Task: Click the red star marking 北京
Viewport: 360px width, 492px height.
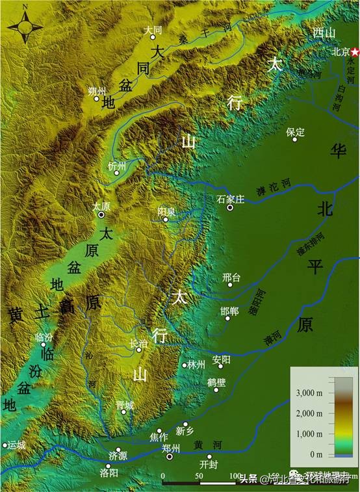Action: pos(355,51)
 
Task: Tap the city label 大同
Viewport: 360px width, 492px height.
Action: pos(153,30)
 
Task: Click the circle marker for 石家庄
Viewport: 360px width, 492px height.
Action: pos(229,208)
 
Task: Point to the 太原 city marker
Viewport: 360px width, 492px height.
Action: pos(101,214)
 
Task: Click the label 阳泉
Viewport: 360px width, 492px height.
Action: pos(166,211)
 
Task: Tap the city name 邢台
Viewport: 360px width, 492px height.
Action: pos(231,278)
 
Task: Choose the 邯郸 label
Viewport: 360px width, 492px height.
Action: pos(229,311)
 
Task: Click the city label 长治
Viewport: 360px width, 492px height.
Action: pos(139,343)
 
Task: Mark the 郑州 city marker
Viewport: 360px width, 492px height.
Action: pos(170,457)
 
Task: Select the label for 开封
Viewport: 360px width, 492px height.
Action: pos(209,465)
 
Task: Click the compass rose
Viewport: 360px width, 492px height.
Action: pos(25,27)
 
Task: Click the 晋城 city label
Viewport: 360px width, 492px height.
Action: pos(125,404)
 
